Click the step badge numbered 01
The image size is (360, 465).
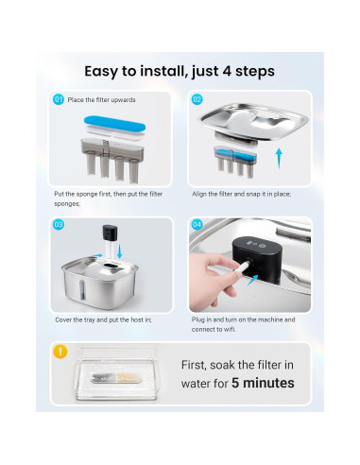coord(59,99)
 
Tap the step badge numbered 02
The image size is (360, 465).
coord(197,99)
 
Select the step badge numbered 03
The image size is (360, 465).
coord(59,225)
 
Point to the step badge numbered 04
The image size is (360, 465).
coord(197,225)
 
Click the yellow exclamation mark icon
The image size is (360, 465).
coord(60,352)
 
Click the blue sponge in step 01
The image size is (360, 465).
coord(114,124)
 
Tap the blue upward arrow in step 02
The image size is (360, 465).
coord(279,158)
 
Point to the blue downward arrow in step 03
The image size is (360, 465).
coord(119,251)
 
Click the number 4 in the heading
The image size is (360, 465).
coord(227,72)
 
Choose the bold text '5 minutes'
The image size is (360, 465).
coord(263,383)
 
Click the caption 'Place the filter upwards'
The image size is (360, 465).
coord(101,100)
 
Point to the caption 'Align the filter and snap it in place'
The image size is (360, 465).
coord(242,194)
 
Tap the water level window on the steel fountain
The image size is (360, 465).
coord(82,289)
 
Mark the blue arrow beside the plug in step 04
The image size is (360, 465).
coord(253,280)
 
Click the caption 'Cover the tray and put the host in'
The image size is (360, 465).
coord(103,319)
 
